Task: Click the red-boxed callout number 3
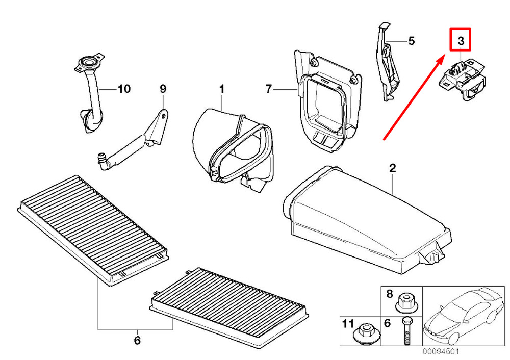(x=461, y=41)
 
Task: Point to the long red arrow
(x=414, y=97)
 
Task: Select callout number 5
(x=412, y=41)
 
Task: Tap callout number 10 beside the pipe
(x=124, y=88)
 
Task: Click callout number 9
(x=163, y=88)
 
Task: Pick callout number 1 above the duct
(x=222, y=88)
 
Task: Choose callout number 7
(x=268, y=88)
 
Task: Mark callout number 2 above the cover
(x=393, y=168)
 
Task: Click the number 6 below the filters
(x=137, y=340)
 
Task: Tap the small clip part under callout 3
(x=462, y=79)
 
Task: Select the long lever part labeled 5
(x=388, y=62)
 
